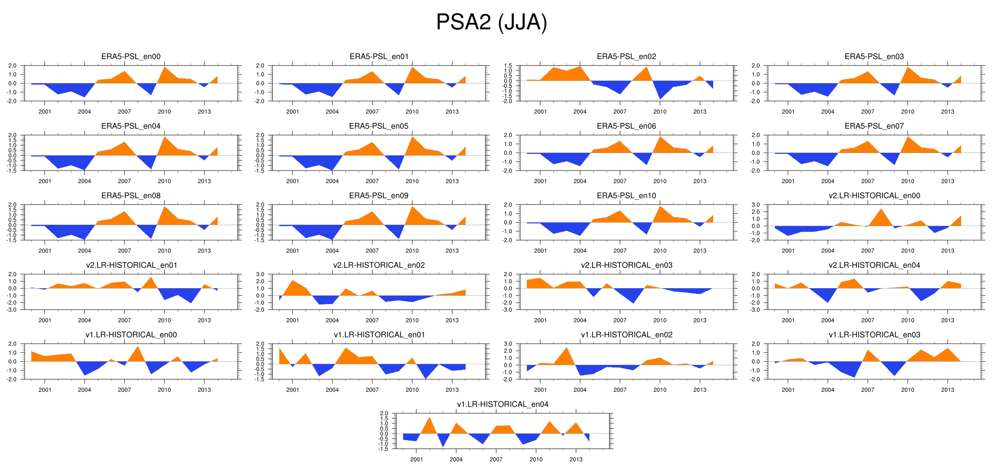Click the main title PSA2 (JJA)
coord(491,22)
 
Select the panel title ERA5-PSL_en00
coord(131,56)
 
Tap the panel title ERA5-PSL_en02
coord(626,56)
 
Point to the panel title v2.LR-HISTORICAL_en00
coord(874,196)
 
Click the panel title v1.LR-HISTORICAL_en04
coord(503,404)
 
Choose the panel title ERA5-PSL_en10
coord(626,196)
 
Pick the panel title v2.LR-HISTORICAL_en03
coord(626,265)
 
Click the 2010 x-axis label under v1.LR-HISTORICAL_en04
coord(536,459)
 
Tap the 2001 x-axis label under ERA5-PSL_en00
coord(45,111)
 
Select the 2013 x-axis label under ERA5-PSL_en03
coord(948,111)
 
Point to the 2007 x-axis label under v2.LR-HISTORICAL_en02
coord(372,320)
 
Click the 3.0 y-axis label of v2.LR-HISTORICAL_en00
coord(755,205)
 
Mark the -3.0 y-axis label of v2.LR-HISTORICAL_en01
coord(12,310)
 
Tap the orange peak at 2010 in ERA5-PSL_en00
coord(165,69)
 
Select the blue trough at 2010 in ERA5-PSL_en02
coord(660,97)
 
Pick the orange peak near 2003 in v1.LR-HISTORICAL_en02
coord(566,349)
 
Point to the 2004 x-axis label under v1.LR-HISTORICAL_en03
coord(828,390)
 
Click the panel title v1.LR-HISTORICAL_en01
coord(379,335)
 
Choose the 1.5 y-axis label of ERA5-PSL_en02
coord(508,66)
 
